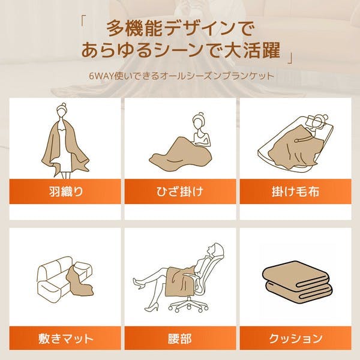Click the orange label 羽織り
(65, 191)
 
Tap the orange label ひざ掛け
(180, 191)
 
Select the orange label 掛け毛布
(295, 191)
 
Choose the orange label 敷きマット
(65, 338)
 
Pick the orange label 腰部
(180, 338)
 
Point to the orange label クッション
(295, 338)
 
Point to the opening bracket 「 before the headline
(83, 21)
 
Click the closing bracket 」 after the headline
(290, 59)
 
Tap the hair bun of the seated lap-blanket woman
(201, 114)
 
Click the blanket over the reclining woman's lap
(179, 281)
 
